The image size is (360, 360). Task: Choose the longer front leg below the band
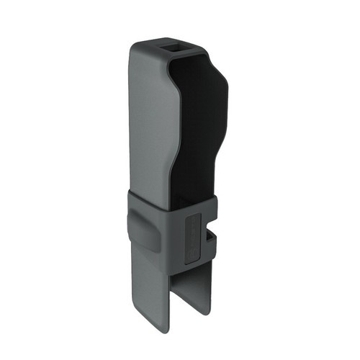click(x=151, y=302)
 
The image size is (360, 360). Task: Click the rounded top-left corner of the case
click(x=138, y=48)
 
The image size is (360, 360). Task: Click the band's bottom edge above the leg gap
click(x=186, y=268)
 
